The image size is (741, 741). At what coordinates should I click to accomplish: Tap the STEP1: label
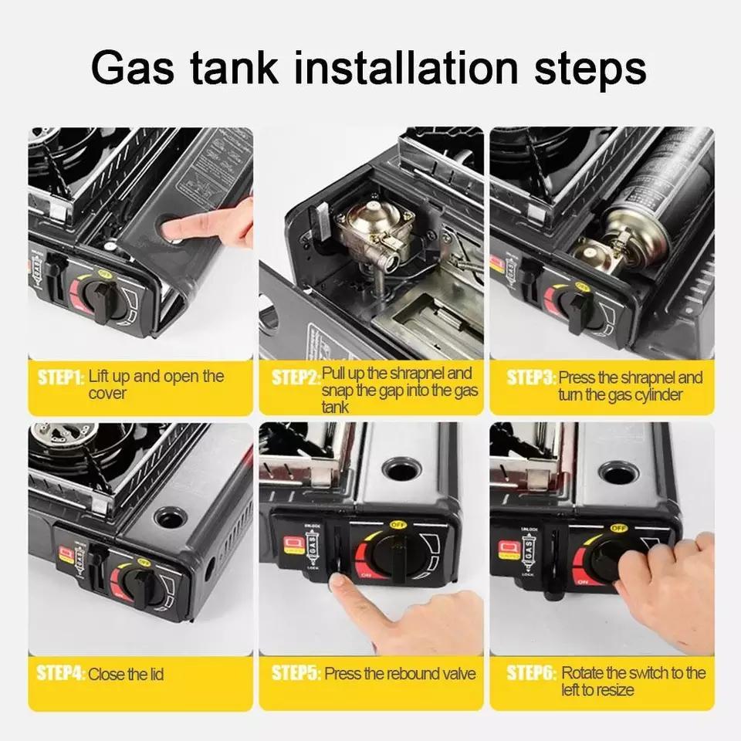click(60, 377)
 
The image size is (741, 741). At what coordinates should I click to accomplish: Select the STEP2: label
click(295, 377)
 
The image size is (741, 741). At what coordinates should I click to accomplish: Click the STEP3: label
click(531, 378)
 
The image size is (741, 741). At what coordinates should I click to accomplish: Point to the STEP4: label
click(60, 674)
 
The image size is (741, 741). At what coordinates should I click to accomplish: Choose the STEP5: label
click(296, 674)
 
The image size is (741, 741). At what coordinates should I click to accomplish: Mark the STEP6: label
click(531, 674)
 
